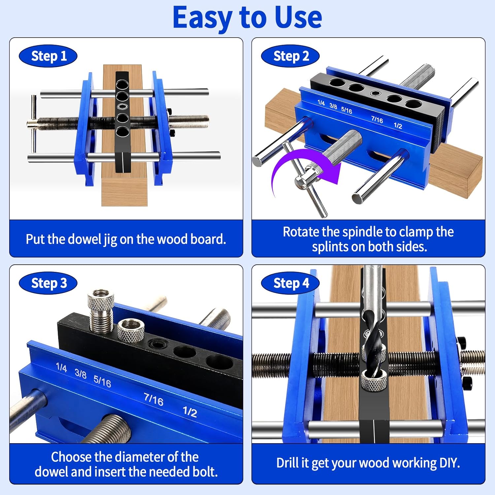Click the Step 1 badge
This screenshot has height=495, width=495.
48,56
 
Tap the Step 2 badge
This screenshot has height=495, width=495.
290,56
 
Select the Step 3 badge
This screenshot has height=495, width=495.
48,283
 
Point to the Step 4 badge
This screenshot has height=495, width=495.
290,283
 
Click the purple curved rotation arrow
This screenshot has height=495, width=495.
290,165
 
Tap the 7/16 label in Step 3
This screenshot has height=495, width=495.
154,399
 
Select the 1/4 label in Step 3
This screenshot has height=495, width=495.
61,367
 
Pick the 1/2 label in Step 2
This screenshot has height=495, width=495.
398,126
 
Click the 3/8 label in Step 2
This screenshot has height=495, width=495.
333,106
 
